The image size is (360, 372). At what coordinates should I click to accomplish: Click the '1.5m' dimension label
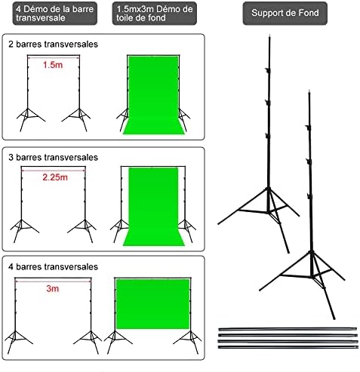[x=53, y=65]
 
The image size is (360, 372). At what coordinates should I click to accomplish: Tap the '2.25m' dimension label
[x=55, y=177]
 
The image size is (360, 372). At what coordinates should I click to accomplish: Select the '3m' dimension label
[x=53, y=288]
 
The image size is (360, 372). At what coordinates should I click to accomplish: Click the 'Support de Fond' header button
[x=285, y=13]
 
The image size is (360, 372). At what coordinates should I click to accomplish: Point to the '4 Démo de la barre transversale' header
[x=55, y=14]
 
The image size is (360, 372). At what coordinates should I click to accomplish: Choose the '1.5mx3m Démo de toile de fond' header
[x=155, y=14]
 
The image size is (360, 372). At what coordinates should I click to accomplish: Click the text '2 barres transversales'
[x=53, y=45]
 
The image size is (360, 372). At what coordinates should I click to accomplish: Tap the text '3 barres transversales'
[x=53, y=158]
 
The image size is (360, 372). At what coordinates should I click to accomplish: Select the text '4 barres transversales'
[x=53, y=266]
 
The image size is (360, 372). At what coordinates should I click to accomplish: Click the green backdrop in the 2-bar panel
[x=153, y=95]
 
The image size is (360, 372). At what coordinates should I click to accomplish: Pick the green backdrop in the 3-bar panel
[x=153, y=206]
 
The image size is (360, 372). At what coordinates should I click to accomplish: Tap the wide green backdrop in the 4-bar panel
[x=152, y=304]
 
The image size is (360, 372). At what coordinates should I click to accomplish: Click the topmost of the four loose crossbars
[x=288, y=329]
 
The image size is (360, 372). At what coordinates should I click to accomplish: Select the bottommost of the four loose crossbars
[x=288, y=347]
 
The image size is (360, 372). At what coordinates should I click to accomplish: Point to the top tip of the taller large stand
[x=269, y=35]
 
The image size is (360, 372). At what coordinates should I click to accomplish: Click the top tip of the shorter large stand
[x=309, y=91]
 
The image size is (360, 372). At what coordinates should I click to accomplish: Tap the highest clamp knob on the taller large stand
[x=268, y=70]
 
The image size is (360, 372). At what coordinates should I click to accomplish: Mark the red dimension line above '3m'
[x=53, y=281]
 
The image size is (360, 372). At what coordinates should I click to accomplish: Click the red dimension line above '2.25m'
[x=54, y=171]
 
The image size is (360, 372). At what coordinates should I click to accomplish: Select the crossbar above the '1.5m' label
[x=54, y=55]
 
